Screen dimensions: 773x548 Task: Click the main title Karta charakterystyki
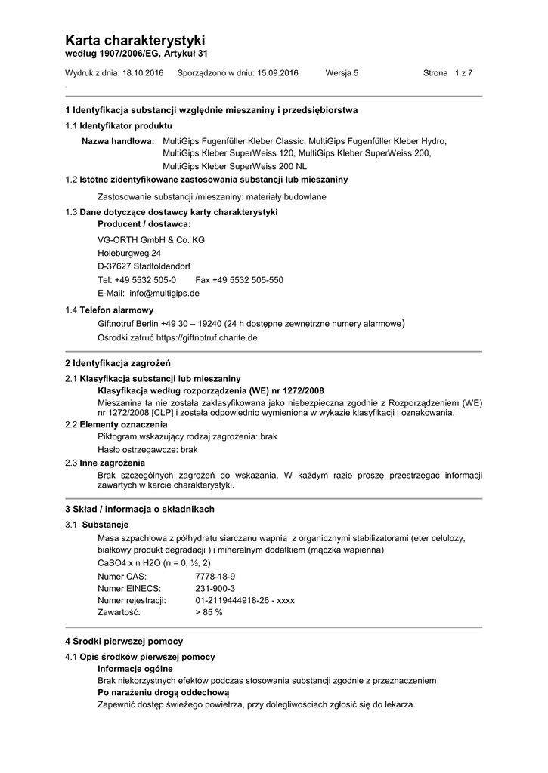[x=135, y=40]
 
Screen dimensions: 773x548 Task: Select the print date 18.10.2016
[x=143, y=73]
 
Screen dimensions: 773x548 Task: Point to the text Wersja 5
[x=342, y=73]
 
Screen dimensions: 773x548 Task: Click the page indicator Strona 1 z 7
[x=447, y=73]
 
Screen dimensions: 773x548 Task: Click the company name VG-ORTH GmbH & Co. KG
[x=151, y=240]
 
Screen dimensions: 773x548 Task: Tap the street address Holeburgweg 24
[x=129, y=254]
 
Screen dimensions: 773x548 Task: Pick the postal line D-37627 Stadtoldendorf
[x=144, y=266]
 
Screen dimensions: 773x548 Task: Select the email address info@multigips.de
[x=164, y=293]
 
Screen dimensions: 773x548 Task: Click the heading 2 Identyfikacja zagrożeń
[x=117, y=365]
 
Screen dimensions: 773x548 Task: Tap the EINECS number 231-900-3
[x=215, y=588]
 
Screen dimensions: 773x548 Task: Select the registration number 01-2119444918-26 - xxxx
[x=244, y=600]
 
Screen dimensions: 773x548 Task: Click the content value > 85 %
[x=209, y=612]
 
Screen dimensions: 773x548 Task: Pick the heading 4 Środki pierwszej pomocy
[x=124, y=641]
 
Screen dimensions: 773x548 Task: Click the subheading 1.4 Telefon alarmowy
[x=110, y=310]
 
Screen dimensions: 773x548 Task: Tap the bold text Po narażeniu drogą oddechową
[x=163, y=692]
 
